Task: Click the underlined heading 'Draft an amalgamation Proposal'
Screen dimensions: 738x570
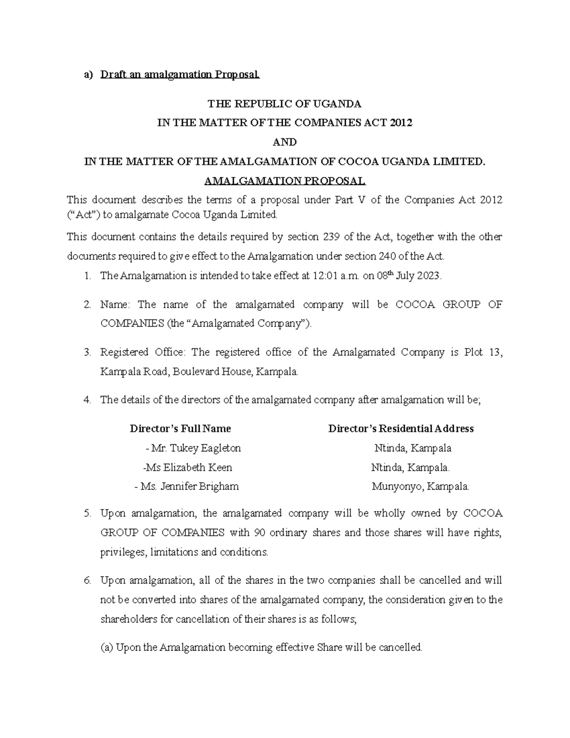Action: (x=180, y=75)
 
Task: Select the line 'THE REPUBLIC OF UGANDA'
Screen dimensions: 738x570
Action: (x=285, y=104)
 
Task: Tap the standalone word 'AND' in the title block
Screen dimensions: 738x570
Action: (x=285, y=142)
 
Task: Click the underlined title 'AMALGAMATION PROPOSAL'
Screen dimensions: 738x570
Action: (x=285, y=181)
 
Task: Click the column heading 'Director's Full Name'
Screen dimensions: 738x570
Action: (x=180, y=429)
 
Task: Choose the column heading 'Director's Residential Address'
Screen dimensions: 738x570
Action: (x=401, y=429)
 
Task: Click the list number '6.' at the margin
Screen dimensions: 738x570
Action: (x=86, y=580)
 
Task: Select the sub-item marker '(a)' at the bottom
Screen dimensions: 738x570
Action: (x=106, y=647)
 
